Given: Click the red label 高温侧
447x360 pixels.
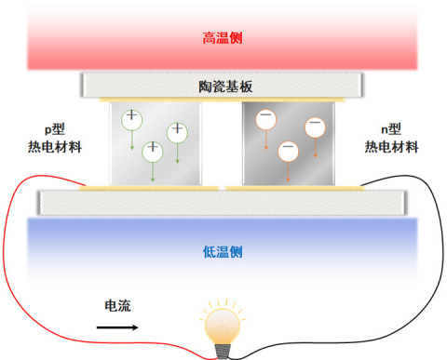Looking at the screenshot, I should pyautogui.click(x=223, y=39).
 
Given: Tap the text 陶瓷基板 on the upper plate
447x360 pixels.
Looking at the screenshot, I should pyautogui.click(x=223, y=87).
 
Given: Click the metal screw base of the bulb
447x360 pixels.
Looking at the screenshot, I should pyautogui.click(x=223, y=351).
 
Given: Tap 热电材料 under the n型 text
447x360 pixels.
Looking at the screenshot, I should pyautogui.click(x=390, y=147).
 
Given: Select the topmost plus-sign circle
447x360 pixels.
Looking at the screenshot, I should pyautogui.click(x=132, y=118).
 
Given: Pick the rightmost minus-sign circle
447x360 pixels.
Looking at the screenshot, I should pyautogui.click(x=315, y=127).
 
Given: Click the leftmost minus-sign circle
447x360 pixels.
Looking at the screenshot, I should pyautogui.click(x=266, y=120).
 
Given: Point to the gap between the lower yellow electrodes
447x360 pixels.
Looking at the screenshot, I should pyautogui.click(x=223, y=187).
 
